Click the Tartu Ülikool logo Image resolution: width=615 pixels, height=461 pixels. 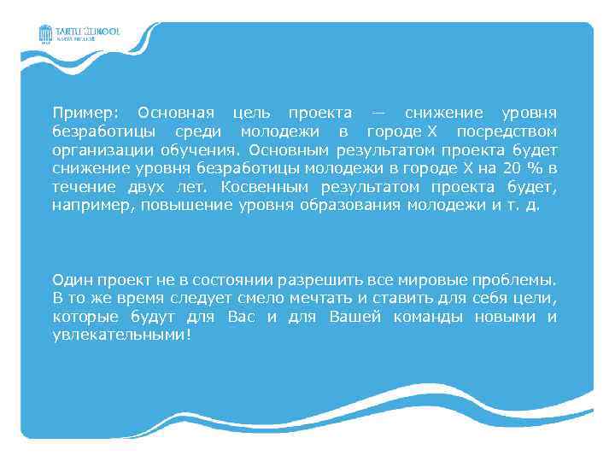point(79,34)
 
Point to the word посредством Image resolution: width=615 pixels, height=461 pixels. point(507,132)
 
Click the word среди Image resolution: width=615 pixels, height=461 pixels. point(197,132)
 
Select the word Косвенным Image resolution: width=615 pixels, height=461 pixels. point(266,188)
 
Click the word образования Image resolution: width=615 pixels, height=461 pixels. point(351,207)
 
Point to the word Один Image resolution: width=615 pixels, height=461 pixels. point(70,280)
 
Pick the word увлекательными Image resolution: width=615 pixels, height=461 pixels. point(117,336)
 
